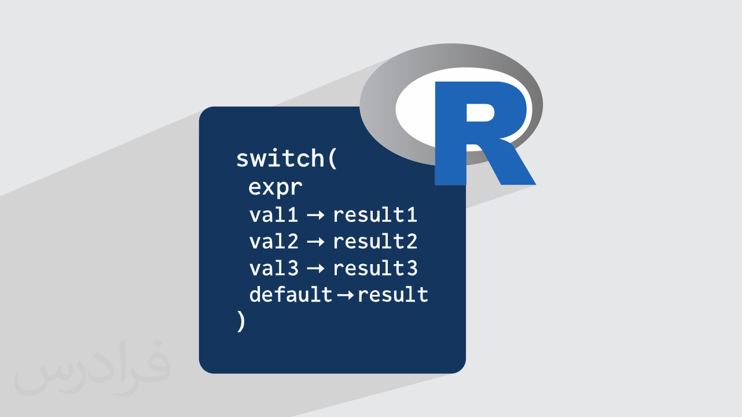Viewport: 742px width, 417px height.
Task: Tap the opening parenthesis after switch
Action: tap(333, 159)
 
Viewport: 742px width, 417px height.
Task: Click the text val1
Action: tap(274, 214)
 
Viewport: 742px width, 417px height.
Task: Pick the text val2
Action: tap(274, 241)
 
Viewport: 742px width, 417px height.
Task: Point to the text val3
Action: tap(274, 268)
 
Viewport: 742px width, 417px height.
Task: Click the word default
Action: tap(291, 294)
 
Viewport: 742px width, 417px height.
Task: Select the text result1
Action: tap(375, 214)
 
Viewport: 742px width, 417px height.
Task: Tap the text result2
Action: tap(375, 241)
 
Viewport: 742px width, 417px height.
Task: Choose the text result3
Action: tap(375, 268)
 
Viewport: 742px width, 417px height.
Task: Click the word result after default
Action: tap(393, 294)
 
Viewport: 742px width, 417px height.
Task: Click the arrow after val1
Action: tap(315, 215)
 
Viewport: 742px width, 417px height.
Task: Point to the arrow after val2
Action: tap(315, 242)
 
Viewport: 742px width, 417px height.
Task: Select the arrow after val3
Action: tap(315, 269)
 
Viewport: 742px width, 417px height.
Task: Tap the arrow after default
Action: tap(345, 295)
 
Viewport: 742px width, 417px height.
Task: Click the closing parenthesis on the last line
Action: tap(241, 321)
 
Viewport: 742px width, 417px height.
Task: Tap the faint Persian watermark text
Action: tap(92, 367)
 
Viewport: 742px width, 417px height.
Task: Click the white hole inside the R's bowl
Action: tap(480, 112)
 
